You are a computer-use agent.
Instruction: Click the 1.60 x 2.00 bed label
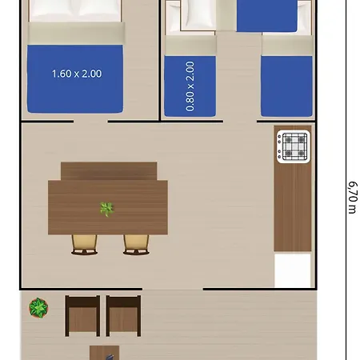click(x=77, y=74)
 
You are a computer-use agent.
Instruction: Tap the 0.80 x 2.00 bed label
click(x=190, y=86)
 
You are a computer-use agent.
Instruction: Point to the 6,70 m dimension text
click(x=353, y=198)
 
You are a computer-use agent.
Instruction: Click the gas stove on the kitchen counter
click(x=294, y=146)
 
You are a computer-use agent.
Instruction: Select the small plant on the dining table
click(x=106, y=209)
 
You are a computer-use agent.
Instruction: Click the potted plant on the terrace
click(x=38, y=308)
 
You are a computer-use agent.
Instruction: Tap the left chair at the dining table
click(x=84, y=245)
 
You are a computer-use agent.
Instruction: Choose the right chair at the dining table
click(x=136, y=245)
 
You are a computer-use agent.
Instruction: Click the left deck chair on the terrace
click(x=82, y=316)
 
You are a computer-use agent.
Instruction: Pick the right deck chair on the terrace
click(x=123, y=316)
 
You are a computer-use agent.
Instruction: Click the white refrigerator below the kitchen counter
click(x=293, y=270)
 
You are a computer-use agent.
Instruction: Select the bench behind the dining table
click(x=109, y=171)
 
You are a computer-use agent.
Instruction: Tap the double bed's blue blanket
click(x=75, y=78)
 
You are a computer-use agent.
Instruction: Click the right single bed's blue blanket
click(x=286, y=86)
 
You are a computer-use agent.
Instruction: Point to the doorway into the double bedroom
click(x=90, y=122)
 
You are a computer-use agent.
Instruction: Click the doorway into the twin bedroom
click(x=240, y=122)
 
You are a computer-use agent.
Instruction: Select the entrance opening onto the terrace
click(x=173, y=289)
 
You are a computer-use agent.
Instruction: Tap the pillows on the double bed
click(x=75, y=10)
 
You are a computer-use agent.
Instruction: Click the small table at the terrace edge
click(x=104, y=353)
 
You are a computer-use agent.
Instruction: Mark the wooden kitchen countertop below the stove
click(x=293, y=206)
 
